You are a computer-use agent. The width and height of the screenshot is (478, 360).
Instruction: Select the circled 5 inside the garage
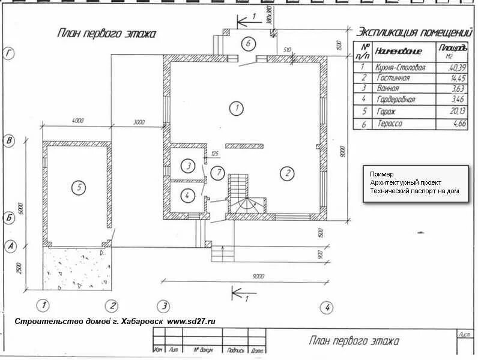[78, 187]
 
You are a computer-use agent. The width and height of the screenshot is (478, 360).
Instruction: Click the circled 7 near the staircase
[219, 173]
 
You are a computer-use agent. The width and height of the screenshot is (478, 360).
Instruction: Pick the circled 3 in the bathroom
[189, 166]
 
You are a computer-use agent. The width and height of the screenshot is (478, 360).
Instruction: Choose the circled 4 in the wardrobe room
[187, 195]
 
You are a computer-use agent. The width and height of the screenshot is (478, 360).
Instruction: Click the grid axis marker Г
[8, 55]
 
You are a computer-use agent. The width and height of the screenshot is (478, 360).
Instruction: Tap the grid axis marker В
[9, 142]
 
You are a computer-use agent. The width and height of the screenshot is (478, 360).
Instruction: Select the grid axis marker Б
[9, 217]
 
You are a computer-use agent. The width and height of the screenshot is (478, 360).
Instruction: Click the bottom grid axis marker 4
[327, 307]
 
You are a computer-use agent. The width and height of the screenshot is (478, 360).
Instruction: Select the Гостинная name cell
[393, 78]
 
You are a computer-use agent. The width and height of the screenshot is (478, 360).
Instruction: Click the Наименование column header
[398, 51]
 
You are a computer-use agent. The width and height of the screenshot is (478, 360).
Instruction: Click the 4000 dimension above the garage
[77, 121]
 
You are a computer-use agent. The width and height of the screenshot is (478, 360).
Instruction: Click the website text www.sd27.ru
[190, 321]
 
